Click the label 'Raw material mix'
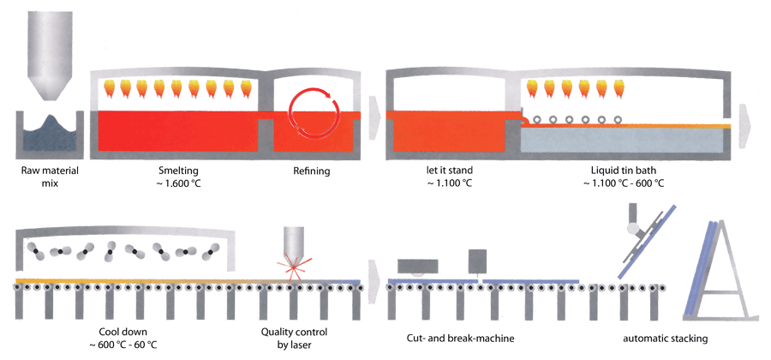click(48, 177)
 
